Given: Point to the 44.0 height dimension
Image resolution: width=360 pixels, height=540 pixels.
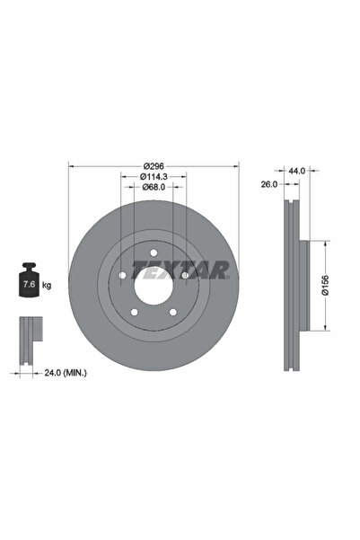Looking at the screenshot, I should (296, 168).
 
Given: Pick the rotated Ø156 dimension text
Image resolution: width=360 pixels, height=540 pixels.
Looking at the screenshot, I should (326, 286).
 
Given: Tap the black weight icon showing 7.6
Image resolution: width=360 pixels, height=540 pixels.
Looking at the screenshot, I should (28, 283).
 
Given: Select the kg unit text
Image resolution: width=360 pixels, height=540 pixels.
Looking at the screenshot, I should (46, 285).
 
